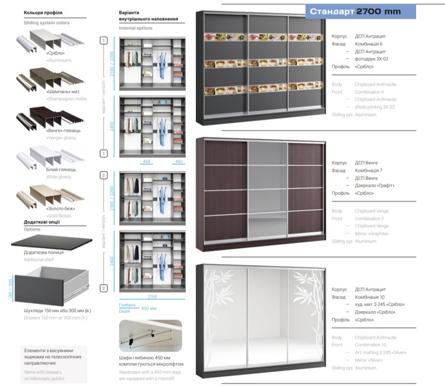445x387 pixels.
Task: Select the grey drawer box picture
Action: pyautogui.click(x=52, y=287)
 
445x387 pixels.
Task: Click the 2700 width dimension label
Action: pyautogui.click(x=152, y=297)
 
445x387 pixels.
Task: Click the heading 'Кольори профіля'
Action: pyautogui.click(x=43, y=12)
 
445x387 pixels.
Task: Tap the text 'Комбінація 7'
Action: pyautogui.click(x=369, y=170)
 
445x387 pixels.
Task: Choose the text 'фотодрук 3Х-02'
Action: pyautogui.click(x=371, y=59)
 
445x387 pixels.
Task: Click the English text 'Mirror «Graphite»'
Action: pyautogui.click(x=371, y=233)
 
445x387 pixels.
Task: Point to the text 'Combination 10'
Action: pyautogui.click(x=370, y=345)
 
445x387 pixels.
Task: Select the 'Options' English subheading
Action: pyautogui.click(x=32, y=229)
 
